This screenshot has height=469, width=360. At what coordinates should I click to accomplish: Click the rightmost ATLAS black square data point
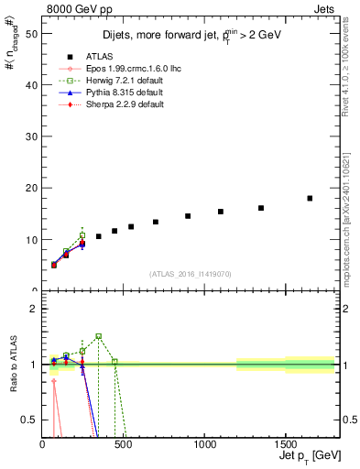(310, 198)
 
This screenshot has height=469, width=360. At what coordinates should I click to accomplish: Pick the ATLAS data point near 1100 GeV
(221, 212)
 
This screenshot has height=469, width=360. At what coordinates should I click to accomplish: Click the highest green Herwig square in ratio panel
(99, 336)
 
